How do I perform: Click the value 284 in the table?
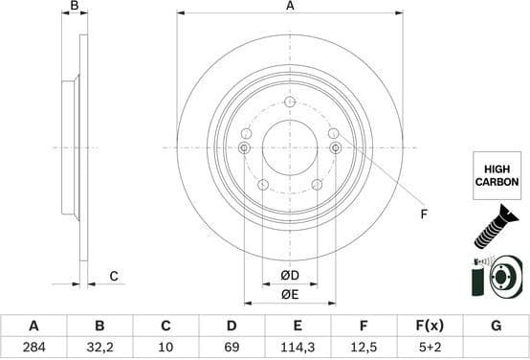click(33, 348)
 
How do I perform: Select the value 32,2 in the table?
click(99, 348)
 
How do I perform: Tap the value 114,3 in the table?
click(298, 348)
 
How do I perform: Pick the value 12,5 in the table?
click(364, 348)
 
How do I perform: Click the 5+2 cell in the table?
click(430, 348)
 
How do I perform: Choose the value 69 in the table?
click(232, 348)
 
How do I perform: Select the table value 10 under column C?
click(166, 348)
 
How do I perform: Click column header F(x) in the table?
click(430, 326)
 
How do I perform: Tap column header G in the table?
click(496, 326)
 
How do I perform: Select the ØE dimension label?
click(290, 294)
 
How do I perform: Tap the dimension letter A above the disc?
click(290, 7)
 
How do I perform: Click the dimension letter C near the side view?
click(112, 277)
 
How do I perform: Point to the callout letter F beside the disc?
click(423, 214)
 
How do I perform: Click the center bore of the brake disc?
click(289, 146)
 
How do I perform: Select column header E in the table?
click(298, 326)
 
